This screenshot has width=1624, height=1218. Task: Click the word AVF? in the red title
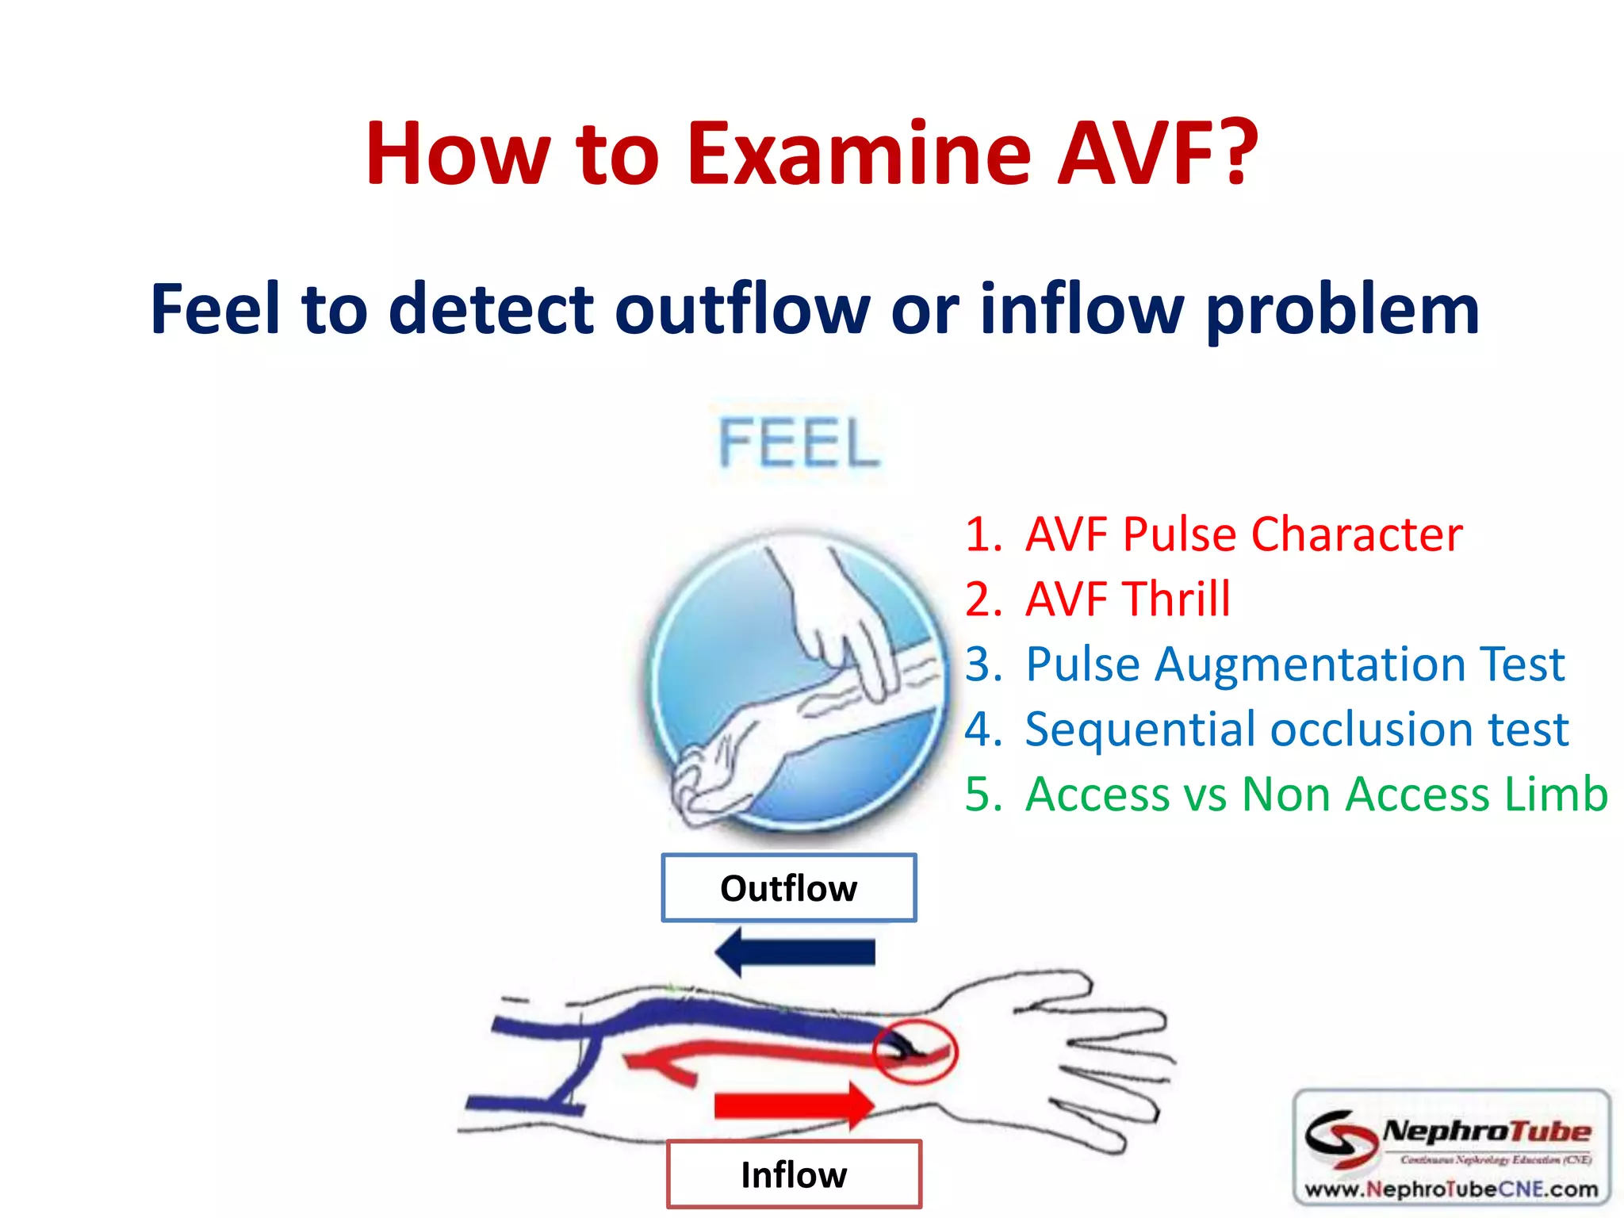pyautogui.click(x=1158, y=153)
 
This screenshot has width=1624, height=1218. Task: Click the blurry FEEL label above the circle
pyautogui.click(x=799, y=442)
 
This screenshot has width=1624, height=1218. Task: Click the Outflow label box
pyautogui.click(x=789, y=888)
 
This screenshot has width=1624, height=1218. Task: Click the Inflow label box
pyautogui.click(x=794, y=1174)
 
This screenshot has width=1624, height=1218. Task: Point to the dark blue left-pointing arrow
pyautogui.click(x=795, y=952)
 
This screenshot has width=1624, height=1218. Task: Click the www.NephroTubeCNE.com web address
pyautogui.click(x=1451, y=1189)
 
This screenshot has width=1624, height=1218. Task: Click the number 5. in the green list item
pyautogui.click(x=982, y=794)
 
